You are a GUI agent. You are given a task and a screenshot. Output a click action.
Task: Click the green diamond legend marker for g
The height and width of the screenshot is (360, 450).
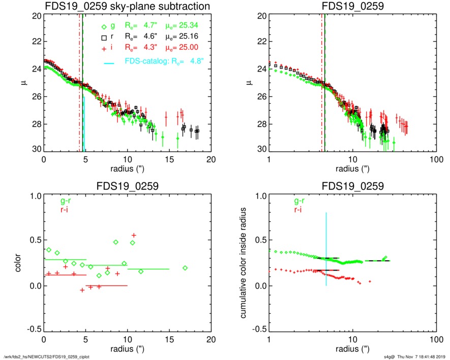point(104,27)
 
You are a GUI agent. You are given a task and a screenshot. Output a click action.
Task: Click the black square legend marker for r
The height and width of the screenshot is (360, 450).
point(104,38)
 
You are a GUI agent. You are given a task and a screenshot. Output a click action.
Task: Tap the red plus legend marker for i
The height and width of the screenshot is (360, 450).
point(104,48)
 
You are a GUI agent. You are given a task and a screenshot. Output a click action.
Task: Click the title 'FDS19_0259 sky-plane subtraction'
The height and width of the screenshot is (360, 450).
point(127,7)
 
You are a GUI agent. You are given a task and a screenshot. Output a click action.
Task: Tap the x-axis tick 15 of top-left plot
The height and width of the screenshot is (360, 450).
point(169,159)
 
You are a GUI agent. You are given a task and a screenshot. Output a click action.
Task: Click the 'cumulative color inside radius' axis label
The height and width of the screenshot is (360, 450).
point(244,263)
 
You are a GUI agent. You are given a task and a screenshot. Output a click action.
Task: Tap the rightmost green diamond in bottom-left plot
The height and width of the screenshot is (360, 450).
point(185,267)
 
